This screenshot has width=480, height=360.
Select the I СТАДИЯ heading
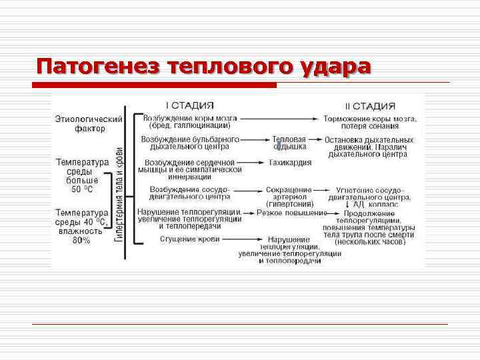[190, 105]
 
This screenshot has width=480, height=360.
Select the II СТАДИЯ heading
[370, 106]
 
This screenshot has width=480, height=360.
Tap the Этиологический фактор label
[89, 124]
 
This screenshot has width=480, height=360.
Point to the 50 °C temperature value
[83, 189]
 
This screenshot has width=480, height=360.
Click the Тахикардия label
[291, 163]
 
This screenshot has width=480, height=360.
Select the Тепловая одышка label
[289, 143]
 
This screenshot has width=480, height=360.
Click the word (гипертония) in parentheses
[290, 204]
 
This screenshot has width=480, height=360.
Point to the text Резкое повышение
[292, 213]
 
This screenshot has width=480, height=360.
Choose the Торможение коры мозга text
[371, 119]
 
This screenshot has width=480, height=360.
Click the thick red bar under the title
[155, 85]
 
